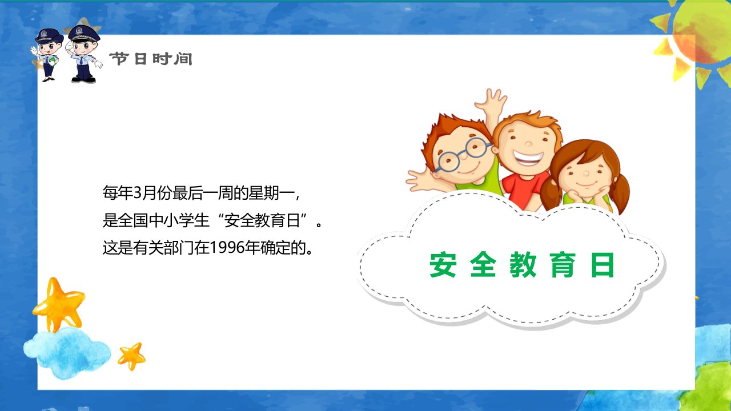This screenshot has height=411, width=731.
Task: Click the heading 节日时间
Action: click(151, 59)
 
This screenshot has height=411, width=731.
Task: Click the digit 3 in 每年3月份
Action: click(138, 192)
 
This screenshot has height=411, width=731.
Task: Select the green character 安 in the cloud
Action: click(443, 264)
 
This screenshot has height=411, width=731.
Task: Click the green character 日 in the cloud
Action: click(603, 264)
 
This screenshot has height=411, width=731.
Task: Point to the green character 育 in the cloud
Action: click(563, 264)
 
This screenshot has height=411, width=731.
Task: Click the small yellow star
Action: click(131, 356)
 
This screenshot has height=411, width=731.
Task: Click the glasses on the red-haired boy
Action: click(463, 154)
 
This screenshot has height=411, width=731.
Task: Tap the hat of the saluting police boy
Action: click(84, 33)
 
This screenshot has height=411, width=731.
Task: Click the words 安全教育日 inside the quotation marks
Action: click(262, 220)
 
